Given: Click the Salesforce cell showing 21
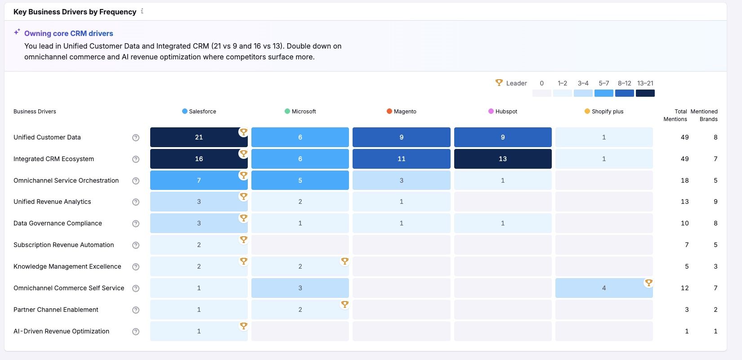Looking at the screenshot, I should [199, 137].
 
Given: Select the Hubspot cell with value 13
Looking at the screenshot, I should [502, 159].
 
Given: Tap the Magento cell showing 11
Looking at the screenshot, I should [401, 159].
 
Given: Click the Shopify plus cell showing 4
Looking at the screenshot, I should [603, 288].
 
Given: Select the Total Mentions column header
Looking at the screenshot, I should [675, 115].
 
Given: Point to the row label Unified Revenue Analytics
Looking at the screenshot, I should [52, 202].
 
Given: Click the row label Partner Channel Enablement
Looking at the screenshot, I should [56, 310].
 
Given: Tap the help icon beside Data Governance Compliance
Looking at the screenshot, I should [136, 224].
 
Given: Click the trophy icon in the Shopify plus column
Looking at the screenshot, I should [648, 283].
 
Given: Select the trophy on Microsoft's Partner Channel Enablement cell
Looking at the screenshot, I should [344, 304].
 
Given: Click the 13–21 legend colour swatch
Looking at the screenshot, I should [645, 93].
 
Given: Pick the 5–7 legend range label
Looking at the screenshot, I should [603, 83].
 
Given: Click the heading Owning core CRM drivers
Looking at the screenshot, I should [68, 33].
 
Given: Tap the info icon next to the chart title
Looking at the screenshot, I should [142, 11].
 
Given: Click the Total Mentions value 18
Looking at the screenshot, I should [684, 180].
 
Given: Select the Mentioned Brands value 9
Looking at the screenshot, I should [715, 202].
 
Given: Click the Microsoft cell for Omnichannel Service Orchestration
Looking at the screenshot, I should [300, 180].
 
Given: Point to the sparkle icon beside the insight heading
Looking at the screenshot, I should [17, 32].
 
